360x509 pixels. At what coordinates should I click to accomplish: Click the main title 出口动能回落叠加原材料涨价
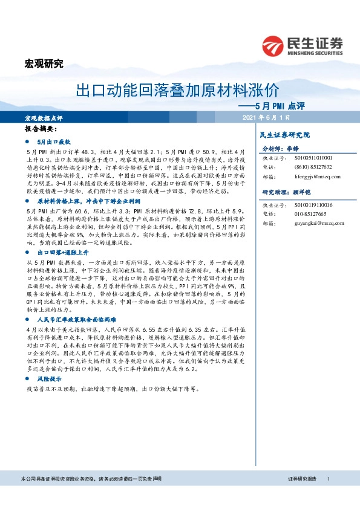[177, 91]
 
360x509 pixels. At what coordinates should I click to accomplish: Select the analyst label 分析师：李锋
[282, 148]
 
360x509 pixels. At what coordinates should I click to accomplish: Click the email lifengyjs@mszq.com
[311, 176]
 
